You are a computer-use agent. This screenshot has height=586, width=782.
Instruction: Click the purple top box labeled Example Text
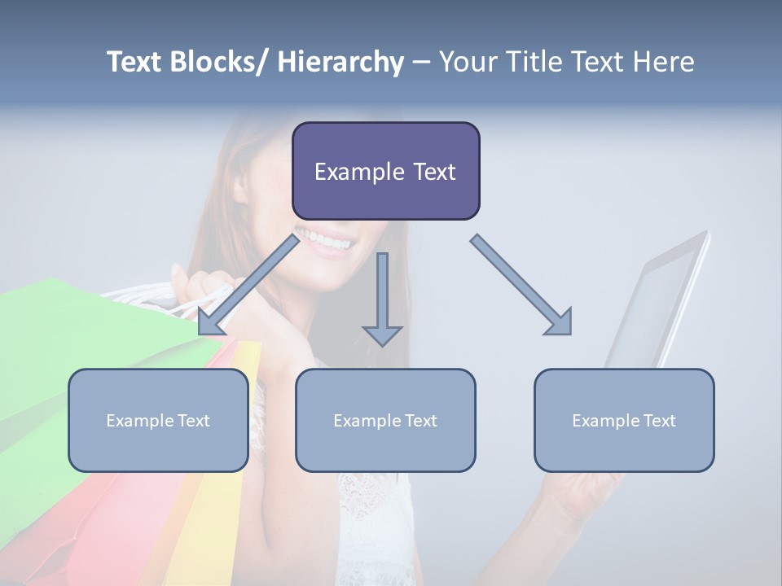385,171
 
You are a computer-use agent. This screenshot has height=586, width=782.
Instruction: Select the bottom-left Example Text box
158,420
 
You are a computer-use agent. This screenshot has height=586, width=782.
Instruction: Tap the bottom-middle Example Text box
385,420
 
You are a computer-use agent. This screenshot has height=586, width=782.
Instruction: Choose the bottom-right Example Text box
624,420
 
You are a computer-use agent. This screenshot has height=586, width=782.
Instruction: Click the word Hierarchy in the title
340,62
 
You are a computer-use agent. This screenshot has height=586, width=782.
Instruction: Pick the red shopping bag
122,521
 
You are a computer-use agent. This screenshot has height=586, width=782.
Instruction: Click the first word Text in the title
136,62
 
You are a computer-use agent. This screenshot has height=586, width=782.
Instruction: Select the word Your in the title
469,62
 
